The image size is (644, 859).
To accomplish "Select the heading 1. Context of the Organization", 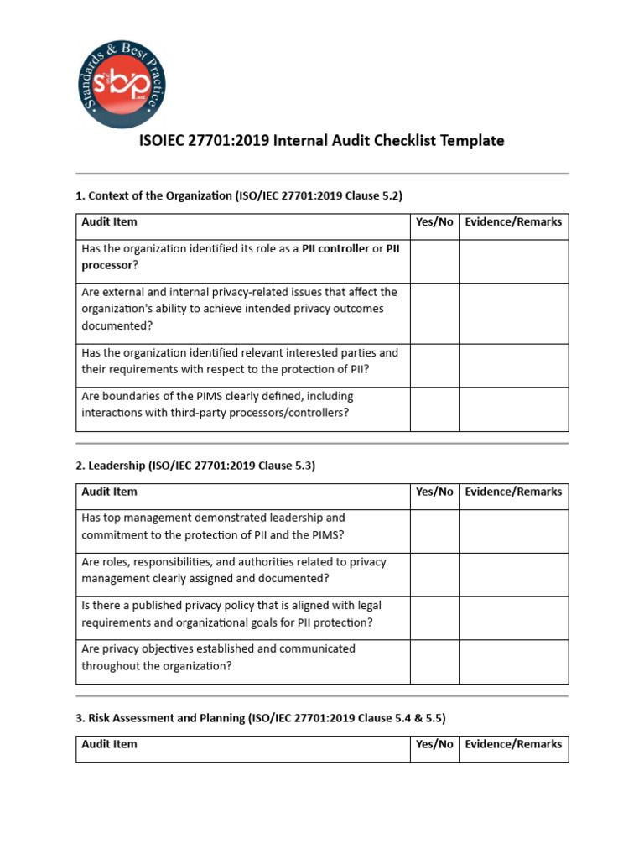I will point(239,195).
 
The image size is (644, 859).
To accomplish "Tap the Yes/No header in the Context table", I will point(434,222).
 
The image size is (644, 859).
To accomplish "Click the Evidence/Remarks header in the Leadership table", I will point(513,492).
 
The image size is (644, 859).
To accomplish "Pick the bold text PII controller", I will point(335,248).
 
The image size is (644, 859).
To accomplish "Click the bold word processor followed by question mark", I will point(107,265).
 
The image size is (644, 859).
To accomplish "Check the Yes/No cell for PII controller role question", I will point(434,261).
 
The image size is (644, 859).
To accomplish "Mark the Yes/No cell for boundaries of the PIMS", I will point(434,409).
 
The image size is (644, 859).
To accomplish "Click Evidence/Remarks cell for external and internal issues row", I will point(513,313).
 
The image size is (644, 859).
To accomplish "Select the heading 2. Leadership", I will point(195,466).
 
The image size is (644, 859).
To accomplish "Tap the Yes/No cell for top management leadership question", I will point(434,531).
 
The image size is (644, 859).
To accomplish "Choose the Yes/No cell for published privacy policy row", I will point(434,618).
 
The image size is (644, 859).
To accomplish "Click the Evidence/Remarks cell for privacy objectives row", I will point(513,662).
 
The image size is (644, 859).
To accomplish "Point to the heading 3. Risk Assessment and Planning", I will point(261,718).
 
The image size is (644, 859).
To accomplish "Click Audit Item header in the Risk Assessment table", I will point(110,744).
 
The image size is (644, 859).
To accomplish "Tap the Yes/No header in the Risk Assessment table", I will point(434,744).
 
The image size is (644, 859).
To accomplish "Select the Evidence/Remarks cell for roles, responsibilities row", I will point(513,575).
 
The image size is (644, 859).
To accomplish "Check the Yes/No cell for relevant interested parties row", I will point(434,365).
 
